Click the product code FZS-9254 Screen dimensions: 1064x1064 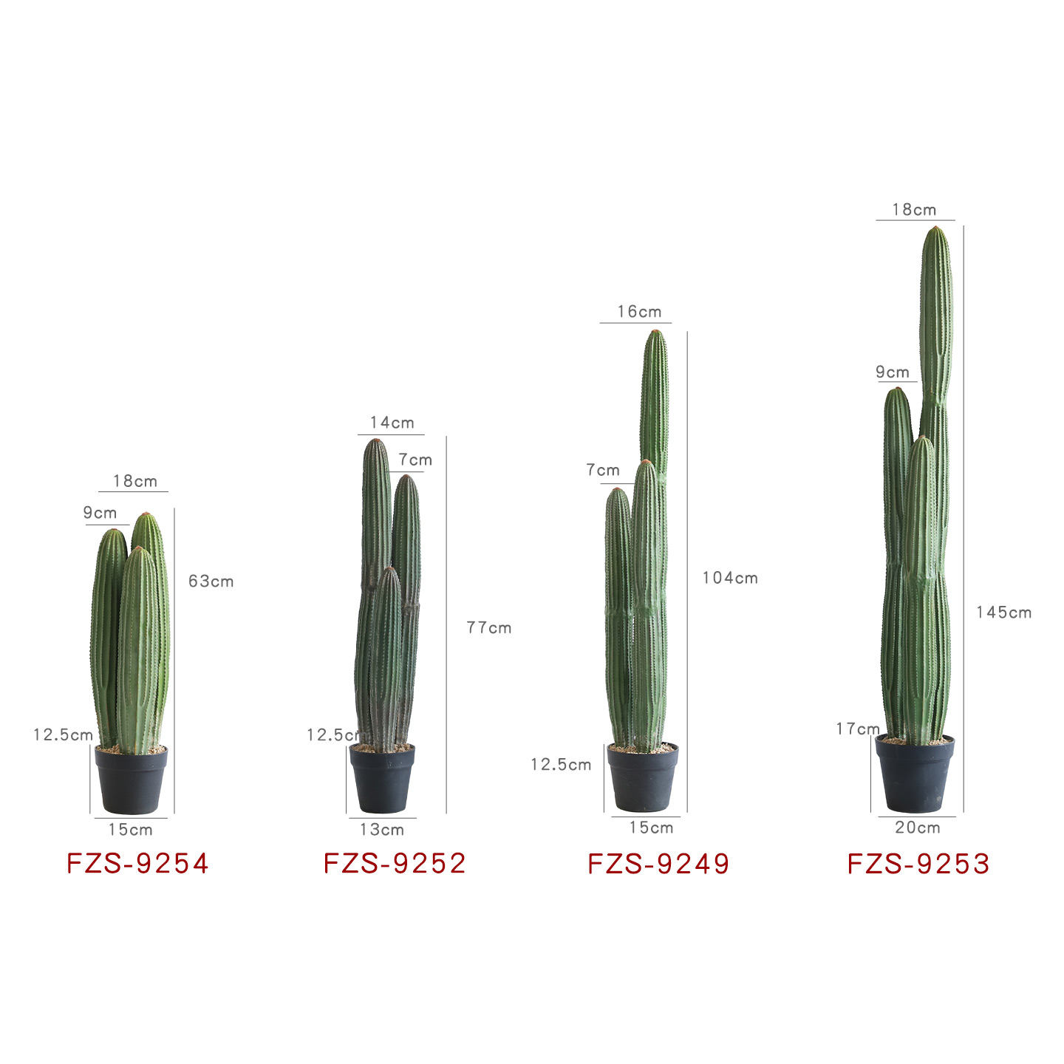click(x=137, y=864)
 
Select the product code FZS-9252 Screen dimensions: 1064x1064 click(x=395, y=864)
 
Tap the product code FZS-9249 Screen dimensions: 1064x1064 click(x=658, y=864)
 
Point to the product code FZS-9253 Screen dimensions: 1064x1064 click(x=918, y=864)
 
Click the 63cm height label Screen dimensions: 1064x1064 click(x=211, y=582)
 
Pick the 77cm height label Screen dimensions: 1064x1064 click(x=489, y=628)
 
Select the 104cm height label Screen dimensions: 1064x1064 click(x=730, y=578)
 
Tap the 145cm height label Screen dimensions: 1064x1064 click(x=1004, y=613)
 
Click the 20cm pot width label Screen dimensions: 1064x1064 click(x=918, y=828)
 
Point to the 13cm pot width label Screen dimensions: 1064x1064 click(x=382, y=829)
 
